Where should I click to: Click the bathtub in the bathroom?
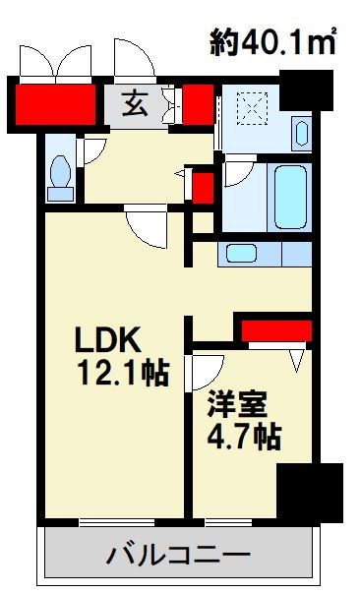[x=292, y=198]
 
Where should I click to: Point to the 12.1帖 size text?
[x=122, y=373]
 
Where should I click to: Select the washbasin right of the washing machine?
[x=300, y=132]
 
